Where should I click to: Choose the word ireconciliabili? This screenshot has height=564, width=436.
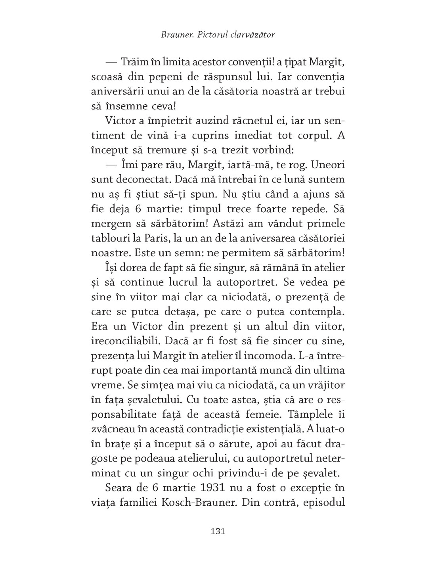point(125,341)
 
